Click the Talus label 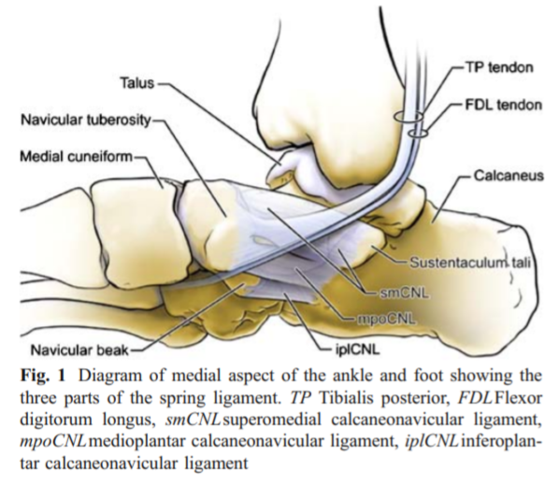(137, 84)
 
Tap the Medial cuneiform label (74, 153)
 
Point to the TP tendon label (503, 68)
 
